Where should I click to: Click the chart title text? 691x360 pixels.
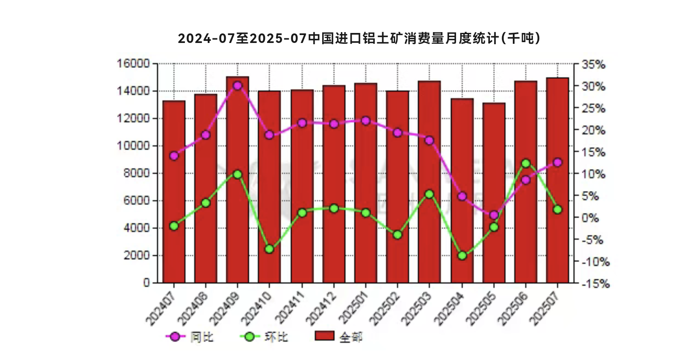(x=359, y=38)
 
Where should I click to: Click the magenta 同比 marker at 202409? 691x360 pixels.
(x=237, y=86)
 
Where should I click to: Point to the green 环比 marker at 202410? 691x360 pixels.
(x=270, y=249)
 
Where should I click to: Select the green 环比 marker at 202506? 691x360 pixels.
(x=526, y=164)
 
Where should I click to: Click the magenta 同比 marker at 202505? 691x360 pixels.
(x=494, y=215)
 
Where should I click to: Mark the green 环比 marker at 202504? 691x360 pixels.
(x=462, y=255)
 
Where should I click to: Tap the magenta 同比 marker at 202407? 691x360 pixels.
(x=174, y=156)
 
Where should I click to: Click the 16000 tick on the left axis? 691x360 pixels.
(x=133, y=64)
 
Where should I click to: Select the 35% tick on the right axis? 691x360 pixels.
(x=593, y=65)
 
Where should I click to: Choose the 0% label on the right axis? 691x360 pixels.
(x=590, y=218)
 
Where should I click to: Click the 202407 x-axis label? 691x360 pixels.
(x=161, y=308)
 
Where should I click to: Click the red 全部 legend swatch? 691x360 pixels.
(x=324, y=336)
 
